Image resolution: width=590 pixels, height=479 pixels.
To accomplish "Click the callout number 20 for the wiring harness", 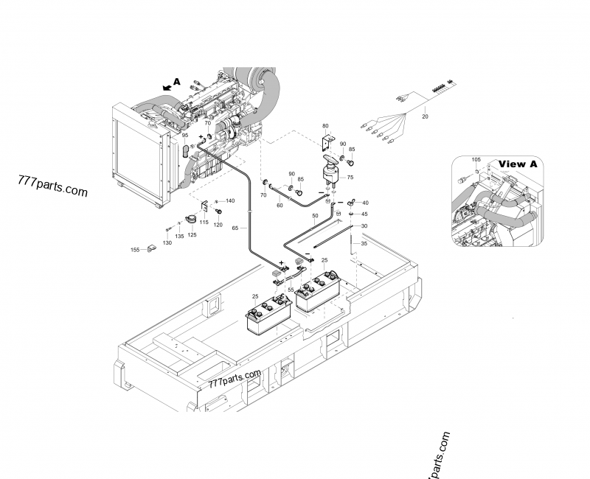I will pos(425,116).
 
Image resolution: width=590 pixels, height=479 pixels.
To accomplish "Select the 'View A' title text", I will pos(522,164).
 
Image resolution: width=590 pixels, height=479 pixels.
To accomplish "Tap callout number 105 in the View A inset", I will pos(476,159).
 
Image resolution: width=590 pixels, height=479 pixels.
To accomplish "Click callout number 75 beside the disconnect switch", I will pos(350,178).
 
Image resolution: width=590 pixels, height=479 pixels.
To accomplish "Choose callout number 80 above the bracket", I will pos(324,126).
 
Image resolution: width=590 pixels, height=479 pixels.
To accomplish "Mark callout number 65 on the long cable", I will pos(235,228).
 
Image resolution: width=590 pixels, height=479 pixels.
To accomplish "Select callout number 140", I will pos(230,201).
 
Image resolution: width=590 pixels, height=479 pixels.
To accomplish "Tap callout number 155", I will pos(135,251).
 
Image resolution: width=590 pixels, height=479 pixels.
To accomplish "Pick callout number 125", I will pos(192,235).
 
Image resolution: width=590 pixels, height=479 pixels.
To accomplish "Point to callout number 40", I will pos(365,203).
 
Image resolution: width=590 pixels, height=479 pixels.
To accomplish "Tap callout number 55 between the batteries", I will pos(291,290).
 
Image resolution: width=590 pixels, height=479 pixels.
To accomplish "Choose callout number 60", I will pos(280,206).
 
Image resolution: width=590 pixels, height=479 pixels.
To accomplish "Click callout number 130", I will pos(167,242).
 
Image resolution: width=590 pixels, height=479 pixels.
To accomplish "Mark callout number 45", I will pos(364,214).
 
